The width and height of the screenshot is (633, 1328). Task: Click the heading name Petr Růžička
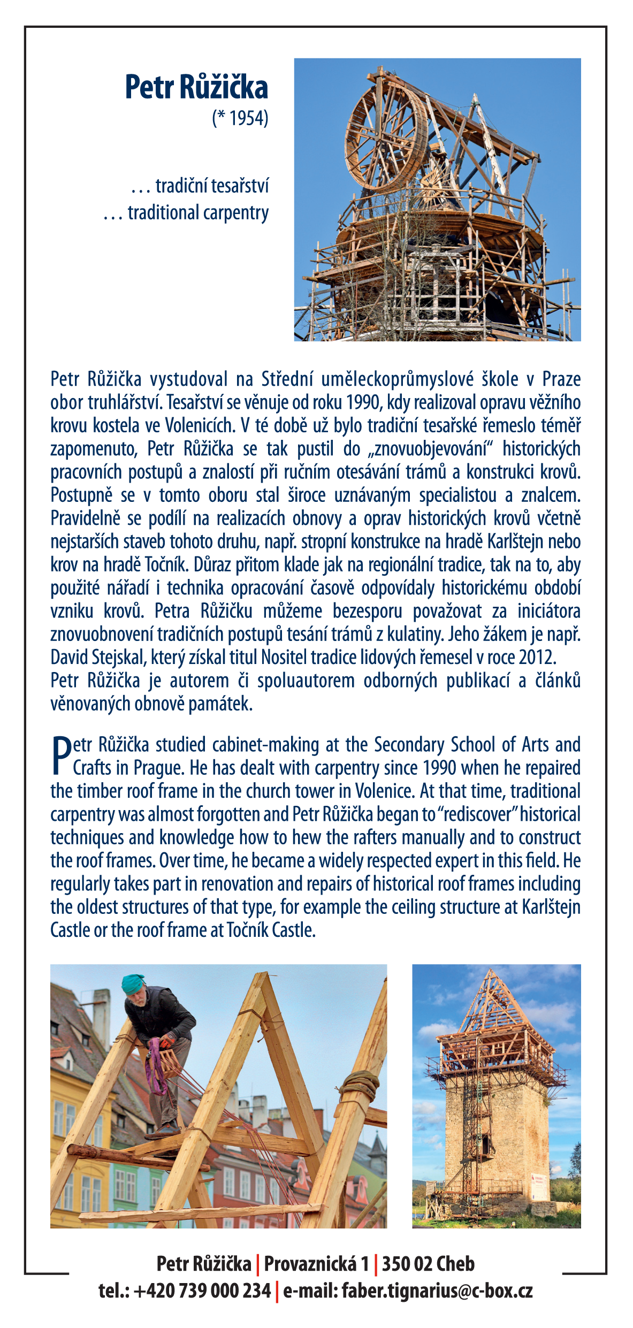click(196, 88)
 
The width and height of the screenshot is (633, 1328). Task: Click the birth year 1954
click(248, 118)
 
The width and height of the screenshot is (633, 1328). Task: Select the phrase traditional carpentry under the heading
click(198, 213)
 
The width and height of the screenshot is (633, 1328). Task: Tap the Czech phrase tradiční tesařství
click(212, 186)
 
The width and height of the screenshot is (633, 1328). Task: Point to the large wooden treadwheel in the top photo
click(385, 136)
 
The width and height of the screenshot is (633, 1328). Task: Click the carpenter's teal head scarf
click(132, 982)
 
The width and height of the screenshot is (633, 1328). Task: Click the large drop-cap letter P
click(61, 755)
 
